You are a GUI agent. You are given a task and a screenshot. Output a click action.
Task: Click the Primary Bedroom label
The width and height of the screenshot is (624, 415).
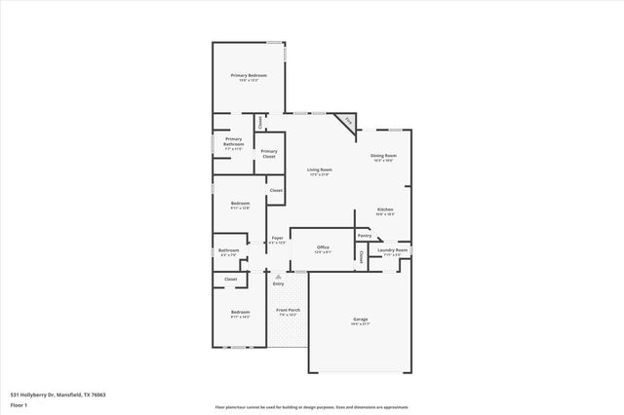[x=249, y=76]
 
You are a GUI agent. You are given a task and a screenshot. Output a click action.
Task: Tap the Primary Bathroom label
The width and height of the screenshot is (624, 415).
[x=233, y=141]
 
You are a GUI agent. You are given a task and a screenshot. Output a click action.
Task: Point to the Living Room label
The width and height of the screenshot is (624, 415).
[x=319, y=170]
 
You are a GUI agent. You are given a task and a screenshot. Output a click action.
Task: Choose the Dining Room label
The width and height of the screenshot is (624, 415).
[x=383, y=156]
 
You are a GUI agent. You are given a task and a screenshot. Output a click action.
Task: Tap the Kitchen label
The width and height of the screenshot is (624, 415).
[x=385, y=209]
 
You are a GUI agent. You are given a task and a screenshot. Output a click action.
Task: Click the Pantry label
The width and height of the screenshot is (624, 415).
[x=364, y=235]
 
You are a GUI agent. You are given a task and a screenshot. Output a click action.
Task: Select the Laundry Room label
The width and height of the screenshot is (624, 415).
[x=393, y=250]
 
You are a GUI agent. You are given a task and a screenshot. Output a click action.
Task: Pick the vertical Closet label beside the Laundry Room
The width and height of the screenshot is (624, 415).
[x=361, y=256]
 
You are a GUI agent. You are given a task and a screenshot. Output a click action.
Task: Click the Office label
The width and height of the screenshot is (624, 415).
[x=323, y=247]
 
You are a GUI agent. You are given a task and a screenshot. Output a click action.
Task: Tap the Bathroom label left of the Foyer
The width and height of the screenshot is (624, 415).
[x=229, y=250]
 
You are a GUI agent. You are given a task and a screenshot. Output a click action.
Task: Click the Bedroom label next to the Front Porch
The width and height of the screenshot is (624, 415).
[x=240, y=313]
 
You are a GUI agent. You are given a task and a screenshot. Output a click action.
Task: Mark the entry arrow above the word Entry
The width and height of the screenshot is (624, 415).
[x=278, y=276]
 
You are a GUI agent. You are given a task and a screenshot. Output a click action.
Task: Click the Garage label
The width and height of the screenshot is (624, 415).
[x=360, y=319]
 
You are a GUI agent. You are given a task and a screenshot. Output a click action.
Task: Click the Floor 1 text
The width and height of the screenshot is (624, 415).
[x=19, y=403]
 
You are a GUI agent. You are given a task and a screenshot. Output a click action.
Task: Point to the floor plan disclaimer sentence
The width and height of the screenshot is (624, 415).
[x=311, y=407]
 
